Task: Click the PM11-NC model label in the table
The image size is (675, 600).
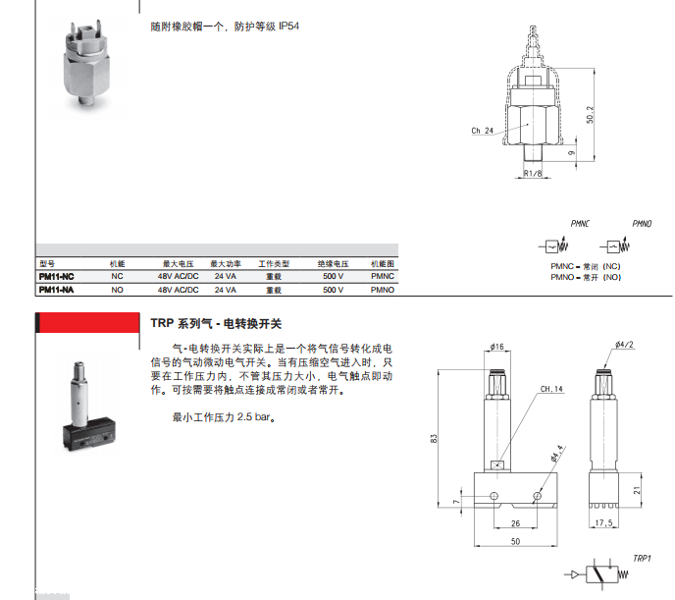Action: (x=56, y=278)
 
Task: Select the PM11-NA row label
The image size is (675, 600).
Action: (x=56, y=291)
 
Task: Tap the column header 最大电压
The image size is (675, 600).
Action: (x=178, y=265)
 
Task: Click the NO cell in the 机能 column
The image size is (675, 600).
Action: (x=117, y=291)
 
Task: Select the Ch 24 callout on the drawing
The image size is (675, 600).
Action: (x=482, y=131)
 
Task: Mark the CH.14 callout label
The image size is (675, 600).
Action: (x=550, y=389)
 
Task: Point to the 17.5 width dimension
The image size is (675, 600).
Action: (x=605, y=523)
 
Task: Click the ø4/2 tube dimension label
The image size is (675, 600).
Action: (x=625, y=344)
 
